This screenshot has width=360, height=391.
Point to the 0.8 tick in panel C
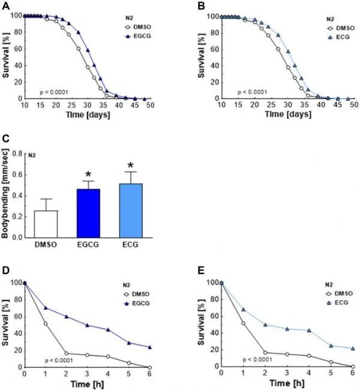(23, 154)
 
